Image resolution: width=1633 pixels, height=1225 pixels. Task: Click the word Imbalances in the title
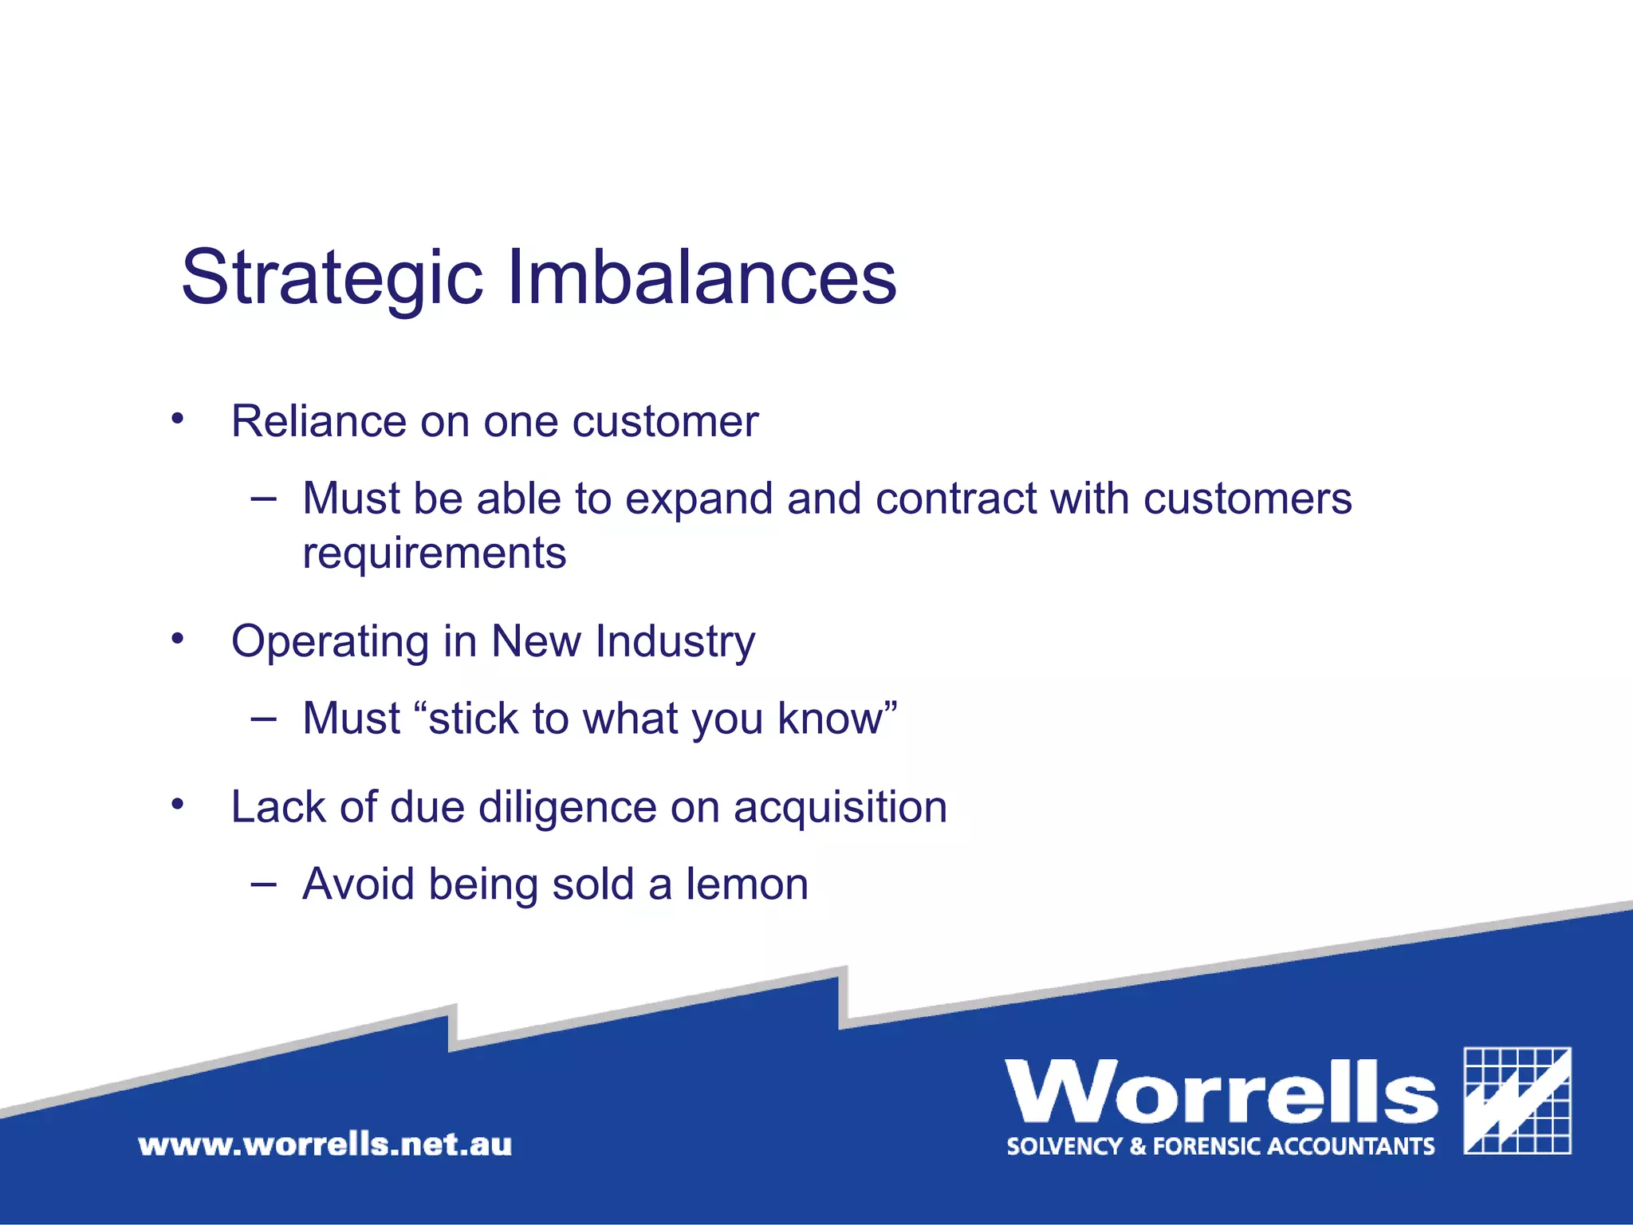point(702,278)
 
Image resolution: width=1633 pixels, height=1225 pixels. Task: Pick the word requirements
point(435,553)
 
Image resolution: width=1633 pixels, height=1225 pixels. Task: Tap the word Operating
point(330,642)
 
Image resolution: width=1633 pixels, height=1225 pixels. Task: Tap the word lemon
point(747,884)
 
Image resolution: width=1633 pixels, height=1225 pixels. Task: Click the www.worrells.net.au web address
point(325,1145)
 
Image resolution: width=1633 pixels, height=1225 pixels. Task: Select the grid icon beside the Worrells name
point(1517,1101)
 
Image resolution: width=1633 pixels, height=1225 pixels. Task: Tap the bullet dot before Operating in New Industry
point(177,638)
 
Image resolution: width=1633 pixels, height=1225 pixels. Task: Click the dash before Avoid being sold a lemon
point(263,884)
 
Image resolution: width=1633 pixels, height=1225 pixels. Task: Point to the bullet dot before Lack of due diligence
point(177,804)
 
